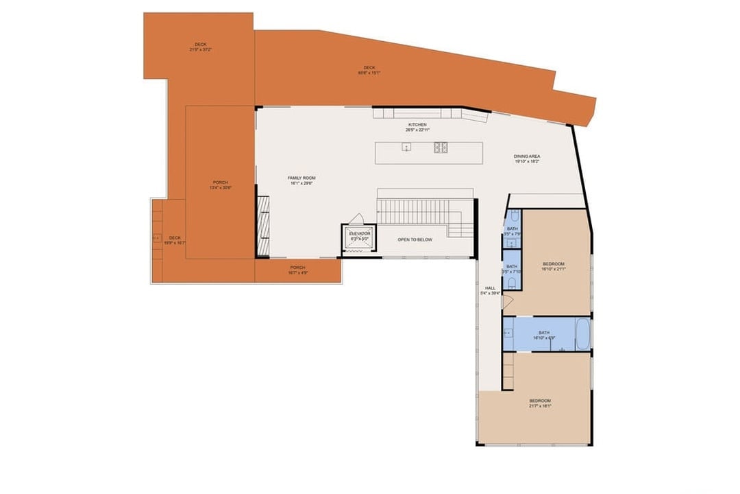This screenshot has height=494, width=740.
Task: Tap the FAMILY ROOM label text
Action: click(301, 180)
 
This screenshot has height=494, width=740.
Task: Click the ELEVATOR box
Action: click(359, 236)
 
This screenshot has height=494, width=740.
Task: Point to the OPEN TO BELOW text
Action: click(415, 239)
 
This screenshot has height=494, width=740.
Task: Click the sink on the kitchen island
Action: click(406, 148)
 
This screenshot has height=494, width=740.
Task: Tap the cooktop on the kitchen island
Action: click(441, 148)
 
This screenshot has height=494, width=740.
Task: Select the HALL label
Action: click(491, 290)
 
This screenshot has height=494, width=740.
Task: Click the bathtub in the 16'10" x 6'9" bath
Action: click(582, 333)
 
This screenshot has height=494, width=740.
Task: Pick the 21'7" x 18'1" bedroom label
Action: click(539, 403)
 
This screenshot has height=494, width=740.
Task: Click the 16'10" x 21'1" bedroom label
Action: click(553, 266)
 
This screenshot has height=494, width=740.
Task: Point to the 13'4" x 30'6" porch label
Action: click(220, 185)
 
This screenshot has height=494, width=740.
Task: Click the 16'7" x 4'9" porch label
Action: click(297, 270)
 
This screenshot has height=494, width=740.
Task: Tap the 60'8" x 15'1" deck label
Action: click(369, 70)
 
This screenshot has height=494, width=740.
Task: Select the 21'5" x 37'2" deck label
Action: click(200, 47)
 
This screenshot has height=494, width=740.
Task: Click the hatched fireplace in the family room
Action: click(263, 226)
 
